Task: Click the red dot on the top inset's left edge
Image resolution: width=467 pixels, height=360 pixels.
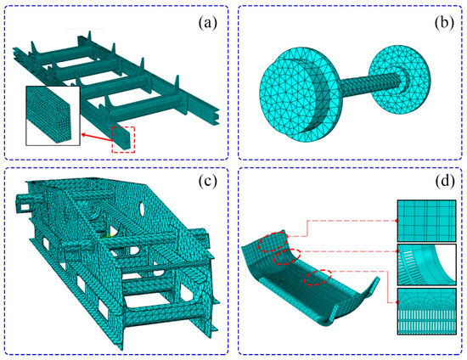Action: point(397,221)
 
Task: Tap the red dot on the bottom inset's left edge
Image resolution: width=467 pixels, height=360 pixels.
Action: point(397,303)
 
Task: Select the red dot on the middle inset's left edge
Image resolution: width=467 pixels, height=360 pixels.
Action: point(397,250)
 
